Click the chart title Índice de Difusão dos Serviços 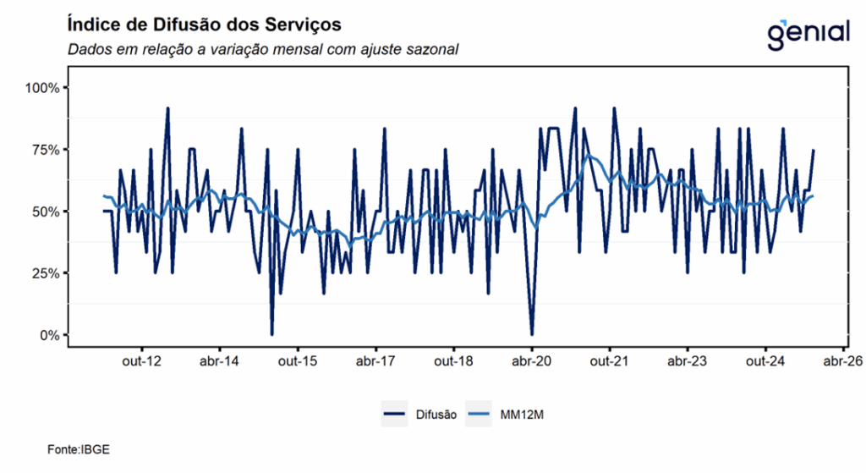(204, 23)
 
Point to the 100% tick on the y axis (42, 88)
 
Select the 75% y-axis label (45, 150)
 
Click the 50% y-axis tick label (45, 212)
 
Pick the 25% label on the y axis (45, 273)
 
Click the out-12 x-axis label (141, 360)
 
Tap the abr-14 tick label (219, 360)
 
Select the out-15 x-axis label (298, 360)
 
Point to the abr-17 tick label (375, 360)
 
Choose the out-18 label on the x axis (453, 360)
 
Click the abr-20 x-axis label (532, 360)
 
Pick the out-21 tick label (610, 360)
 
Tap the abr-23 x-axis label (688, 360)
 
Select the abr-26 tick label (843, 360)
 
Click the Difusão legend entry (436, 415)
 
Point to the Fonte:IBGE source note (78, 449)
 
